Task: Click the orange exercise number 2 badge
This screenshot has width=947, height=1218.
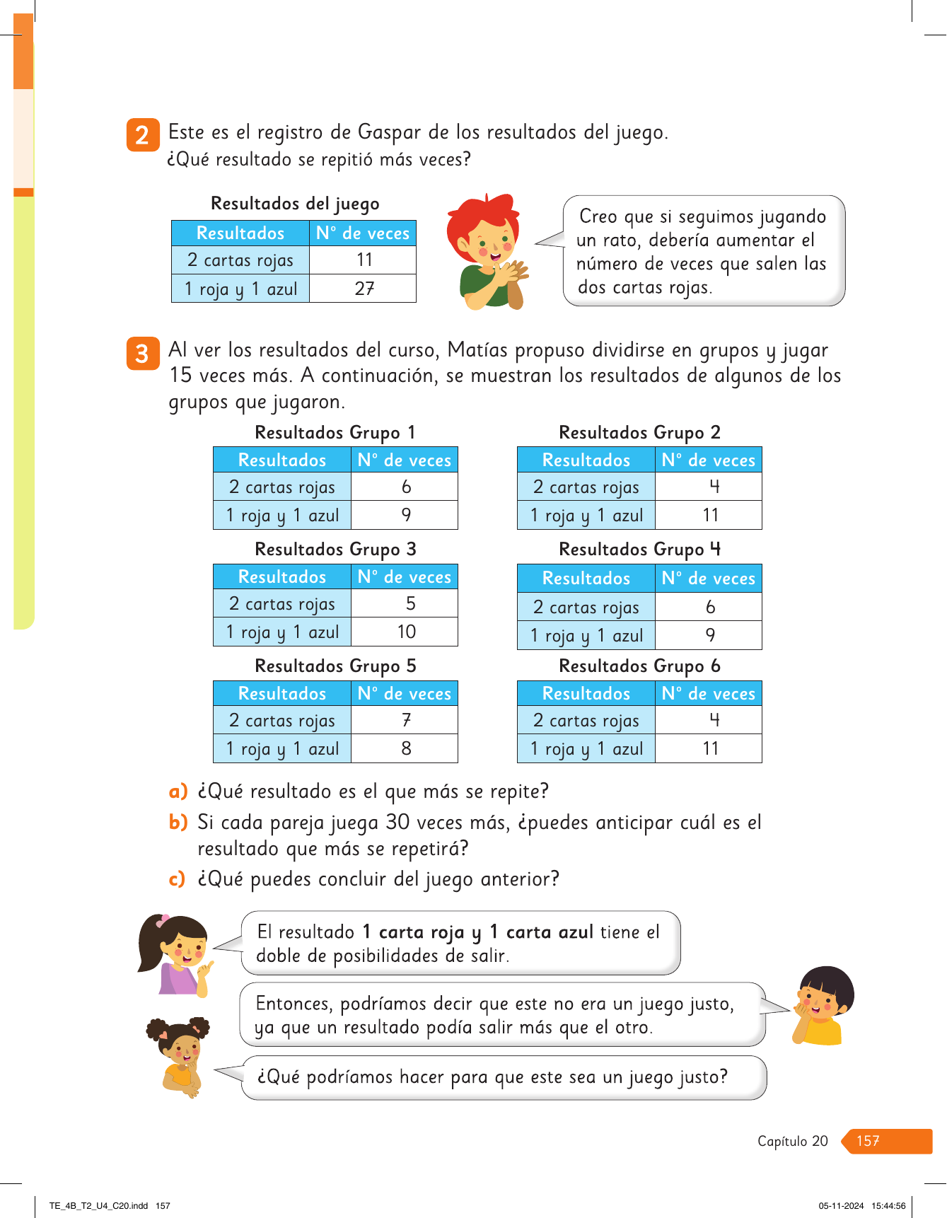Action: point(142,134)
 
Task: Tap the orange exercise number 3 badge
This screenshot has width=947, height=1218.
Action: point(142,353)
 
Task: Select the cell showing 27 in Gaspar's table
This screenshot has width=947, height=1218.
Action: point(364,289)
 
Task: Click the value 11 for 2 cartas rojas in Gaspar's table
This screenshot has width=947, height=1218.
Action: point(364,260)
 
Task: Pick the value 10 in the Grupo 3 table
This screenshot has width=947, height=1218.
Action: point(406,632)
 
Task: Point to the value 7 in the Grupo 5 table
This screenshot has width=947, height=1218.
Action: point(406,720)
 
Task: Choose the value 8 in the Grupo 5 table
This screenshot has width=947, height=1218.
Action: point(406,748)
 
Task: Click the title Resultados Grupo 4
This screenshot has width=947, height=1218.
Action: point(639,550)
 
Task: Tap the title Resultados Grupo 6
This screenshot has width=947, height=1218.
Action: point(639,666)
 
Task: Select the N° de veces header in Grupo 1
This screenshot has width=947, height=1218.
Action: point(404,460)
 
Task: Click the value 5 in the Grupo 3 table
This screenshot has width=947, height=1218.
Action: point(410,603)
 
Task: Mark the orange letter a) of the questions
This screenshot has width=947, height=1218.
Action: point(178,791)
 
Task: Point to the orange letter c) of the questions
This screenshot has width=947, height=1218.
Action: point(177,879)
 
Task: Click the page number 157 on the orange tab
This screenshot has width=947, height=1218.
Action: point(868,1141)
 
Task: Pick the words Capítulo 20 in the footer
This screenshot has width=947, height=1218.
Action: point(792,1141)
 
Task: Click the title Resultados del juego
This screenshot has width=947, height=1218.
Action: point(295,204)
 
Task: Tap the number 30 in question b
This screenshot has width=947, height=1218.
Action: point(397,823)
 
